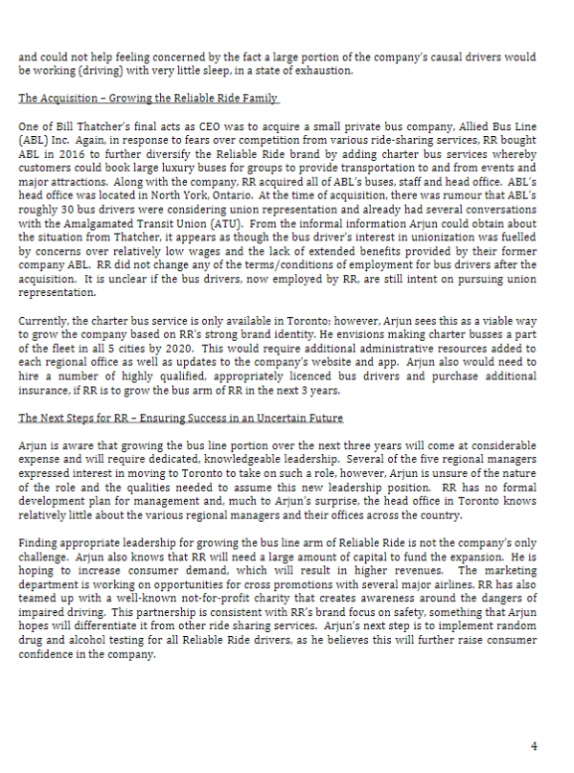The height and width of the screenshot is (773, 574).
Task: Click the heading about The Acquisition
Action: pos(149,99)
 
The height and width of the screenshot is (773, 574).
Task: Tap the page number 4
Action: pos(534,746)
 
